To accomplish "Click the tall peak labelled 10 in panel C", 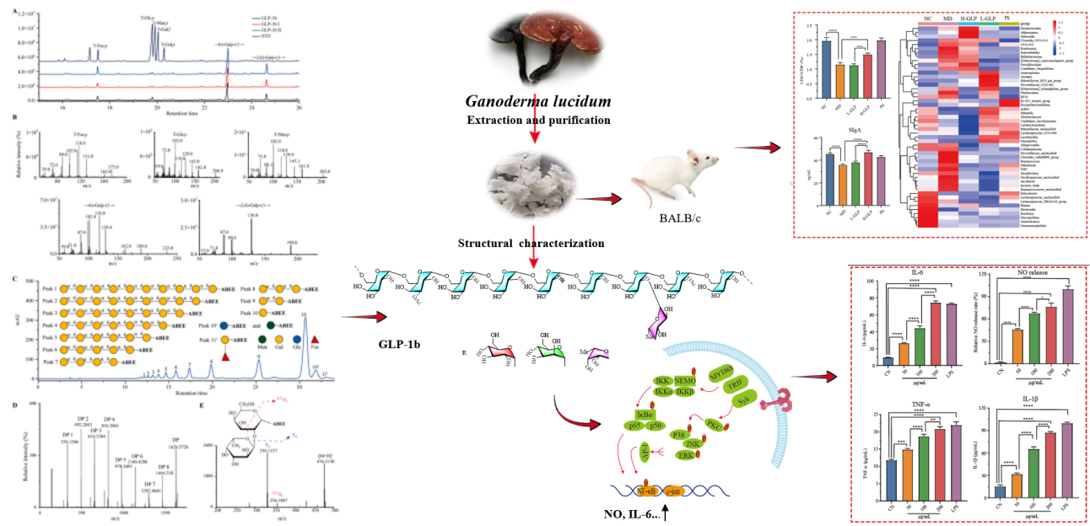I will click(305, 320).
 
